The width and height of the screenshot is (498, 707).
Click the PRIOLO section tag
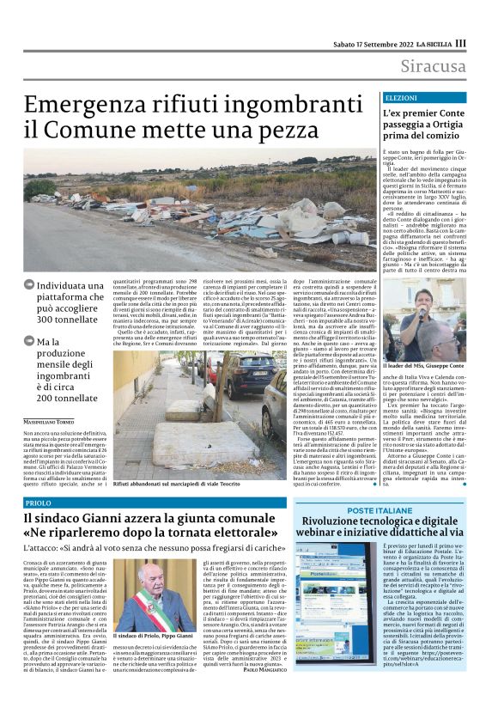[39, 502]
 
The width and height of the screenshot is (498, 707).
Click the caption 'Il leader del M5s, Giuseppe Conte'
[419, 366]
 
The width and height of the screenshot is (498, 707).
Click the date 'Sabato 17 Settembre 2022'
[380, 42]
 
